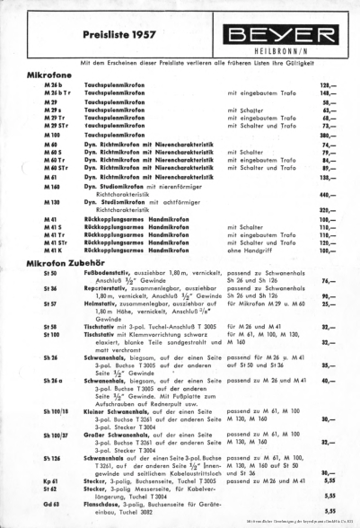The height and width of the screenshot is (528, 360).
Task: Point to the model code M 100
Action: pos(51,134)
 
